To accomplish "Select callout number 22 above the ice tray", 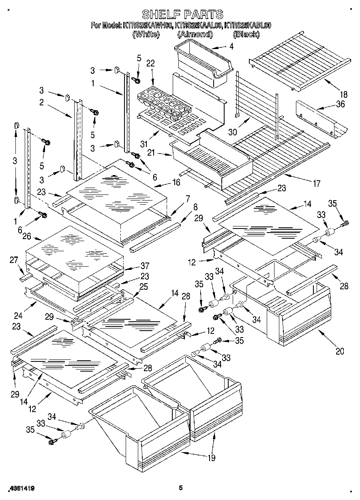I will click(x=150, y=64).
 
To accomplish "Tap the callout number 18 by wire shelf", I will click(x=344, y=95).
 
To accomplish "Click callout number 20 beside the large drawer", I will click(x=340, y=351).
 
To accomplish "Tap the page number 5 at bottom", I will click(x=181, y=488).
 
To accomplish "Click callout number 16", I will click(x=176, y=183).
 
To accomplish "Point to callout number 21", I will click(x=151, y=153).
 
